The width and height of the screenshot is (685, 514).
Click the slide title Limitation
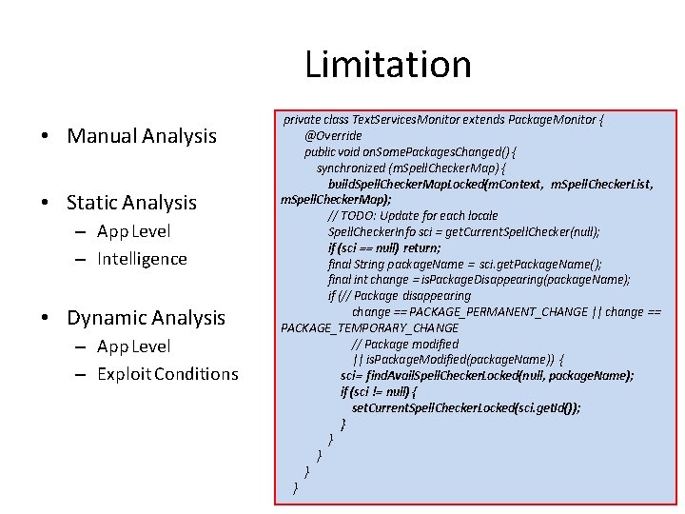tap(388, 65)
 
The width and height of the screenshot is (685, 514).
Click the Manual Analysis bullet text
tap(142, 136)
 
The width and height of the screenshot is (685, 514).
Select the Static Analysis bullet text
tap(131, 202)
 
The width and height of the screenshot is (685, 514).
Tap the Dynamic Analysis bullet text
tap(146, 318)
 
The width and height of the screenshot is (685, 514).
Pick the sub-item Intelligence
tap(142, 259)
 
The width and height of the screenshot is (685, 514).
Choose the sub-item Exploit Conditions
tap(167, 374)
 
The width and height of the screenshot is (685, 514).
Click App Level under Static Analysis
tap(133, 231)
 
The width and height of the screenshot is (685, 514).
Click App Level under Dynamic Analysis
tap(133, 346)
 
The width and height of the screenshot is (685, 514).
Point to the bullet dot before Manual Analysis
tap(46, 137)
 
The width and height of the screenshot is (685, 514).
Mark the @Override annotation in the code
tap(333, 136)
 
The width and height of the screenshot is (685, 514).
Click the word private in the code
tap(302, 120)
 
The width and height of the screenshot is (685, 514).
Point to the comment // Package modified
tap(405, 344)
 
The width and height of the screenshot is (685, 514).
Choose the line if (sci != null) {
tap(378, 391)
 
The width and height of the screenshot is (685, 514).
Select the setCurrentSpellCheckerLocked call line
tap(466, 407)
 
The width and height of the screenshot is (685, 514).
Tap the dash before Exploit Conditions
tap(83, 375)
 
